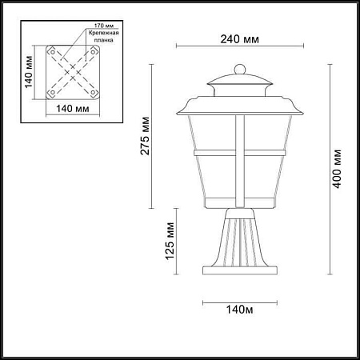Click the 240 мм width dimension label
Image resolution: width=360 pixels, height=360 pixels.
239,39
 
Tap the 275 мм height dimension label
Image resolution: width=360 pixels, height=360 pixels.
145,136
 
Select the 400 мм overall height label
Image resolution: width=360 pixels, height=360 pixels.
337,169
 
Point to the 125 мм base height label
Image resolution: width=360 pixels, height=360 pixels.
170,241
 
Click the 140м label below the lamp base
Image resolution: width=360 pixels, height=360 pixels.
240,310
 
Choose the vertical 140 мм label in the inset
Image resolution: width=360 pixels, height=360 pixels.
28,72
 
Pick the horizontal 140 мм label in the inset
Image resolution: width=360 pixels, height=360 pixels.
73,109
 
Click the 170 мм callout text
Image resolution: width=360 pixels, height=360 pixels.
104,26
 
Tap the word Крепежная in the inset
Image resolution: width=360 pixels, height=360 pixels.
104,33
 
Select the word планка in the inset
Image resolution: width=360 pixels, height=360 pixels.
104,40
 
